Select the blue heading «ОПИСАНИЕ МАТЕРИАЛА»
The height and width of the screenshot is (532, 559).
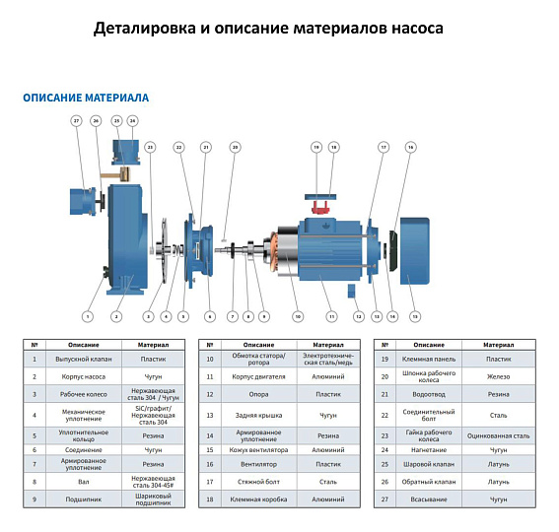tap(85, 99)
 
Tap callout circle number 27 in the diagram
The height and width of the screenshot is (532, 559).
tap(76, 120)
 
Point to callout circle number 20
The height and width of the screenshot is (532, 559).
tap(235, 147)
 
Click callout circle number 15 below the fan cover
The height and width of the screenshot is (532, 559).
tap(415, 316)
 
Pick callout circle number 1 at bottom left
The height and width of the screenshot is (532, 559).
tap(87, 316)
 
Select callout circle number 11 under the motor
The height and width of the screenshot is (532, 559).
tap(332, 316)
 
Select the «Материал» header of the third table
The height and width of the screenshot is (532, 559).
tap(499, 345)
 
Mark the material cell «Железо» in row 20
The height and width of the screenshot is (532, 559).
tap(499, 375)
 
